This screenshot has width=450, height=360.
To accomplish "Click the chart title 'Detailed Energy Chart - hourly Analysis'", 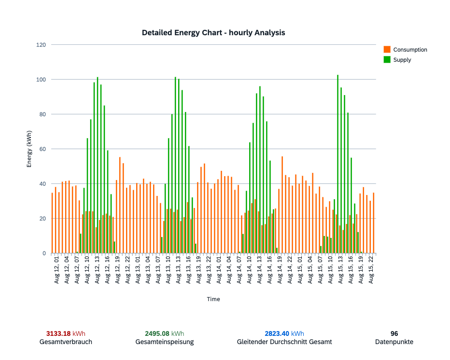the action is tap(213, 33).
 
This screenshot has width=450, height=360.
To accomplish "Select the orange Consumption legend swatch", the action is tap(387, 49).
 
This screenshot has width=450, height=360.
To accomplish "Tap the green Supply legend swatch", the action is tap(387, 59).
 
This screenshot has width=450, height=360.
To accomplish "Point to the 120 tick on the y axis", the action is tap(41, 45).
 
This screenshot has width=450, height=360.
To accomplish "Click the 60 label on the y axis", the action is tap(42, 149).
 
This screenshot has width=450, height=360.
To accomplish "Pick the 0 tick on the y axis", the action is tap(44, 253).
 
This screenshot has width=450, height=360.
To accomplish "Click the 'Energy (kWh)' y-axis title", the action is tap(29, 149).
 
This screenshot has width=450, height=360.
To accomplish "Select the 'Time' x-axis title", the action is tap(213, 299).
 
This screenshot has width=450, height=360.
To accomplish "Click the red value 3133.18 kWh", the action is tap(66, 333).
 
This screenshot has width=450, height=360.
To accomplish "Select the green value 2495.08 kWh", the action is tap(165, 333).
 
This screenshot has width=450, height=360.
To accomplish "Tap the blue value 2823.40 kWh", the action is tap(284, 333).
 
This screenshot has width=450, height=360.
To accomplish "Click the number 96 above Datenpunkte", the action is tap(394, 333).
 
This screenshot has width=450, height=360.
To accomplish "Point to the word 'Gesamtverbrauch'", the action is tap(66, 342).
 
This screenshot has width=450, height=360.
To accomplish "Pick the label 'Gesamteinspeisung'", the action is tap(165, 342).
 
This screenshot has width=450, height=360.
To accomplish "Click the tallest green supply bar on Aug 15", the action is tap(338, 164).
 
